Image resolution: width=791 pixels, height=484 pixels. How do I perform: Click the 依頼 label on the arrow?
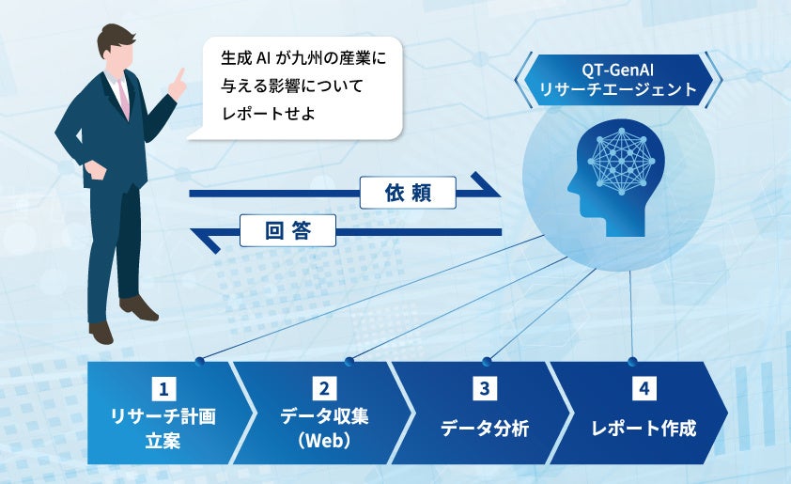click(x=408, y=194)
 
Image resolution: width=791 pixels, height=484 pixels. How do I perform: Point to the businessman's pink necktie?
click(x=123, y=98)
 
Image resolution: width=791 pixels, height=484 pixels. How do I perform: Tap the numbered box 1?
click(x=164, y=387)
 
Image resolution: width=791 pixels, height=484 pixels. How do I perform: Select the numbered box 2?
click(x=324, y=387)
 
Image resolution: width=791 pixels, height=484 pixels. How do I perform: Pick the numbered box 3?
click(x=485, y=387)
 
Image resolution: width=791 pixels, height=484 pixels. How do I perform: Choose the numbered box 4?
click(x=644, y=387)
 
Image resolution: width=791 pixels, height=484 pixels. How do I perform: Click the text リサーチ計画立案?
click(x=163, y=429)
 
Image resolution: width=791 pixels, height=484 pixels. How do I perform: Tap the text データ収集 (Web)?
click(x=324, y=429)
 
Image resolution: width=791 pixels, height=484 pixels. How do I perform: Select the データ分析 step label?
click(x=485, y=429)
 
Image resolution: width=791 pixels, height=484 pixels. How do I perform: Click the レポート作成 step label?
click(x=644, y=429)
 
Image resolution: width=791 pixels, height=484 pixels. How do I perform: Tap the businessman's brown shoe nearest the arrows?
click(x=140, y=307)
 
